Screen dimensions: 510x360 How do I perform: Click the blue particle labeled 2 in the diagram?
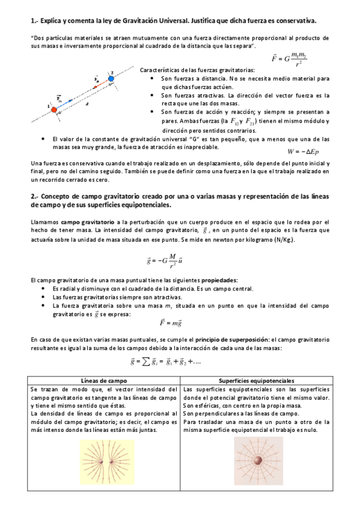coord(111,78)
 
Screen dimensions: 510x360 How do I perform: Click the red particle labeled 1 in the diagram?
coord(54,109)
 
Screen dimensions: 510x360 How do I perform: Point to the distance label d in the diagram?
coord(87,103)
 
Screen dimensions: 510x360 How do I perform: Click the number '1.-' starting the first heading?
coord(34,21)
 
